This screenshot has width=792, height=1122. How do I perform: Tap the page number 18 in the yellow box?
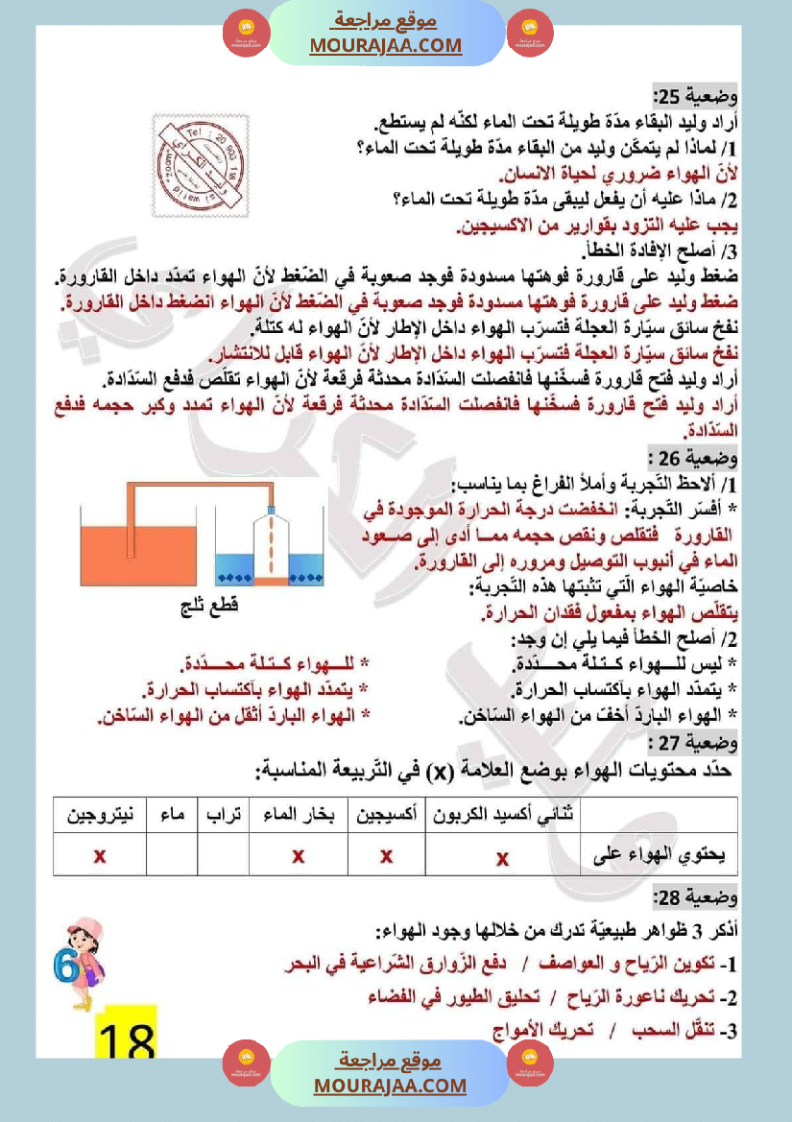[x=127, y=1037]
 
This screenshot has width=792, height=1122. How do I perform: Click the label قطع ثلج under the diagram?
[x=208, y=608]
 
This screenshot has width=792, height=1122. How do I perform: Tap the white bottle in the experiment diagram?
[x=272, y=547]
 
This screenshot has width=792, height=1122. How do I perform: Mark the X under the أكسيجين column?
[x=387, y=855]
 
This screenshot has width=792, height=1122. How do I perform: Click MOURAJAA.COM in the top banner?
[x=385, y=45]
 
